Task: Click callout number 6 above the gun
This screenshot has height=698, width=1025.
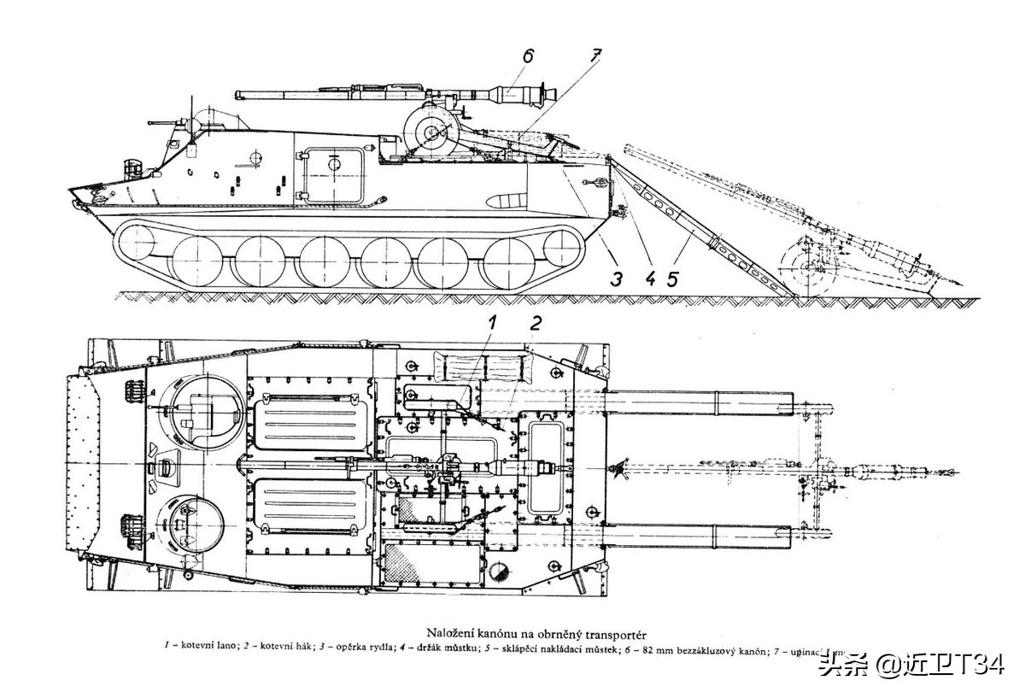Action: (528, 56)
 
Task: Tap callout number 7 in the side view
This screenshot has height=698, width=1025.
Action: (595, 56)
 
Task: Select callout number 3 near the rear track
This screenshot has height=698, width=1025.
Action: (617, 278)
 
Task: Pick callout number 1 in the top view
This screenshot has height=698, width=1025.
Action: (492, 322)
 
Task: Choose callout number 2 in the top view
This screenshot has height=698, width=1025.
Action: (536, 322)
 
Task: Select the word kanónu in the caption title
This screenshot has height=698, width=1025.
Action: (503, 633)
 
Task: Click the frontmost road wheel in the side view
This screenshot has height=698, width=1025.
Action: (198, 260)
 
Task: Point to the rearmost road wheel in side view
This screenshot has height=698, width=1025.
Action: (512, 260)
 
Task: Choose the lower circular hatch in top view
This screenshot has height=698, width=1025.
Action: (192, 522)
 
